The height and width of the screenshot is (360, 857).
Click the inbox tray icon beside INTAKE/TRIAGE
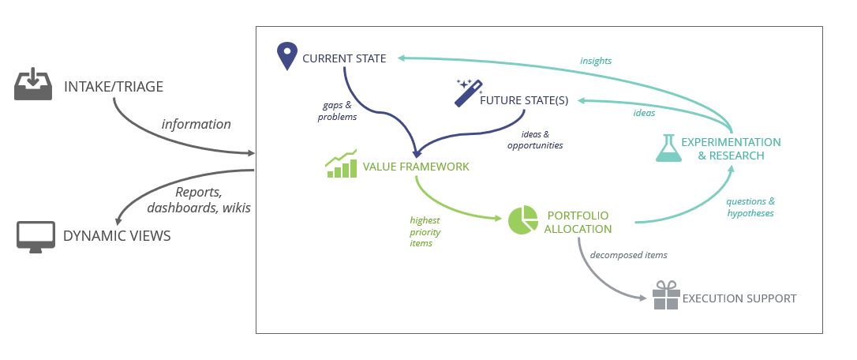(x=32, y=85)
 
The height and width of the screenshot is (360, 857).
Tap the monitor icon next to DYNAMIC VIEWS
(x=36, y=236)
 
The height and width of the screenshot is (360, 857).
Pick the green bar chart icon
(x=341, y=164)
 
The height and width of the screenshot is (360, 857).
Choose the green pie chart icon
(x=522, y=220)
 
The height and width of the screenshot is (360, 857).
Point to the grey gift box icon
(x=666, y=296)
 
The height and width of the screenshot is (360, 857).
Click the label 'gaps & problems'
(x=337, y=111)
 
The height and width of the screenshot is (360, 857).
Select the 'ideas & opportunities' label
(x=535, y=140)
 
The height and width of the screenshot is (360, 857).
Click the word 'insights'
(x=596, y=61)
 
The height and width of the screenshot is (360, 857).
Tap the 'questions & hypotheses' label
(x=750, y=207)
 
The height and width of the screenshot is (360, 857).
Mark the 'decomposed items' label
(x=628, y=255)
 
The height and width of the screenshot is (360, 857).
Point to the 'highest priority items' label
(x=425, y=232)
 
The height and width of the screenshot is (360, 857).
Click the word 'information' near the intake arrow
(x=196, y=124)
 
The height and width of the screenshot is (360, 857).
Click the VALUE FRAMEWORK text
(x=416, y=167)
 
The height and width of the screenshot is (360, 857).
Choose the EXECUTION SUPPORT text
(x=739, y=298)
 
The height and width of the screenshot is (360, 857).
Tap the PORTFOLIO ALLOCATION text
(x=578, y=222)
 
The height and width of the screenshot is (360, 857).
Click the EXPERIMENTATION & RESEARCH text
(x=731, y=148)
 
